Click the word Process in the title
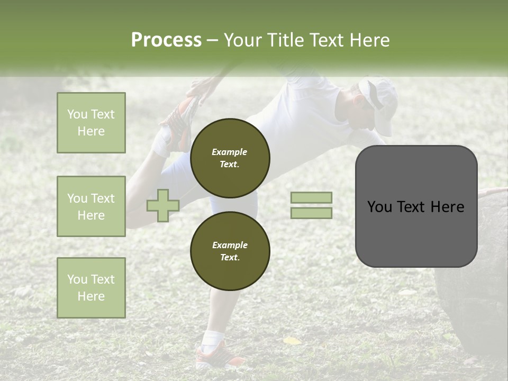166,40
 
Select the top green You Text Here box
91,123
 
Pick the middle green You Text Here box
91,206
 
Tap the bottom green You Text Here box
91,287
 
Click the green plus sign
163,205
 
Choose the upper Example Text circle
230,158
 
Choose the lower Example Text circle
230,251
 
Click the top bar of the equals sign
311,197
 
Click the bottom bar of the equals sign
311,213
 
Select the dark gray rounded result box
416,206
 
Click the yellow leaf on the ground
292,341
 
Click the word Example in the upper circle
230,152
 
